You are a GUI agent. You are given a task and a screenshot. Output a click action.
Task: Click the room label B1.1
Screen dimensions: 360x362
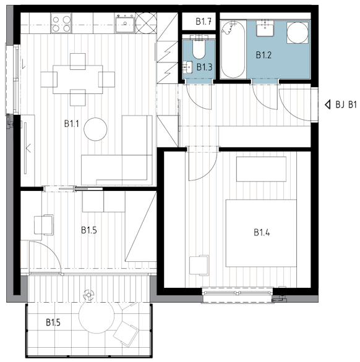click(72, 124)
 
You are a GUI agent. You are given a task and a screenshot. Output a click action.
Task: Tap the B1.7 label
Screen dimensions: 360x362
click(204, 22)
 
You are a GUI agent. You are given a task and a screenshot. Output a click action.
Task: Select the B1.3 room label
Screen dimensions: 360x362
click(204, 67)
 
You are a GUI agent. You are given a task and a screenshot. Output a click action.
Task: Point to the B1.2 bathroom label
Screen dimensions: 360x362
click(264, 55)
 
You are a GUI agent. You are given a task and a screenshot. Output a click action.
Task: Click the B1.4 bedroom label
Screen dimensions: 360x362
click(262, 232)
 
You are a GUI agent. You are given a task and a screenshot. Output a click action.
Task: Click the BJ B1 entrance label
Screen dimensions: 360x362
click(346, 105)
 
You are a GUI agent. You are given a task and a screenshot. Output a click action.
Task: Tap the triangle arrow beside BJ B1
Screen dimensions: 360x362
click(327, 105)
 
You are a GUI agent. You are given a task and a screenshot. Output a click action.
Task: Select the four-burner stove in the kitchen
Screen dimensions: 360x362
click(61, 23)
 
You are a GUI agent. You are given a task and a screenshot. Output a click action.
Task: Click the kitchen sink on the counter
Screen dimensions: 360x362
click(124, 23)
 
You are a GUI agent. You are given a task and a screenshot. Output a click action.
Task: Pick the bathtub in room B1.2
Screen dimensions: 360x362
click(233, 49)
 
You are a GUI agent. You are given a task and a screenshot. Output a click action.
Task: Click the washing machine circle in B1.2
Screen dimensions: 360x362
click(298, 33)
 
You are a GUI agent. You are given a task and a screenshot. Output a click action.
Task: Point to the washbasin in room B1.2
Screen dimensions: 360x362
click(265, 28)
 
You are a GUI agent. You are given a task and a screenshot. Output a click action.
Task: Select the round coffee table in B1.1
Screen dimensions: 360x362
click(95, 129)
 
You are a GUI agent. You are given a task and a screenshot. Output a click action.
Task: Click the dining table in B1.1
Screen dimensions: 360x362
click(78, 80)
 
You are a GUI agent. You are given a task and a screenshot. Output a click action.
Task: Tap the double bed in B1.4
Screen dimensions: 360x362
click(261, 233)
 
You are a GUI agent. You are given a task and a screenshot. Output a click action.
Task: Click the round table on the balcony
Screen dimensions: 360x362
click(96, 316)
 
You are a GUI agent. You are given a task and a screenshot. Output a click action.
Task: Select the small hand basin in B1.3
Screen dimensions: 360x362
click(187, 67)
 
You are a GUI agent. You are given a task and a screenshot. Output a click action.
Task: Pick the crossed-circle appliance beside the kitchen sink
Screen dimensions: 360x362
click(146, 23)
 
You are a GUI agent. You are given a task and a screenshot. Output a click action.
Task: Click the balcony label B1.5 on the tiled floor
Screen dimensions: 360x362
click(53, 322)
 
